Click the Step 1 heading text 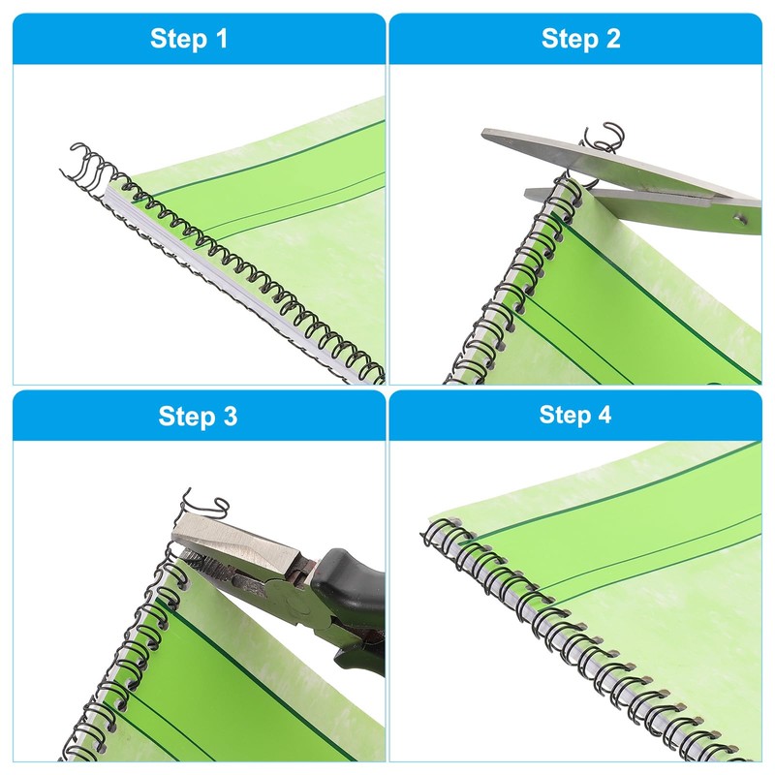click(190, 39)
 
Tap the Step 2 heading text click(580, 39)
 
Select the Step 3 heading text click(198, 417)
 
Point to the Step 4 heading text click(575, 416)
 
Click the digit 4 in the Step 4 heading click(604, 416)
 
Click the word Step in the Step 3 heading click(185, 417)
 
